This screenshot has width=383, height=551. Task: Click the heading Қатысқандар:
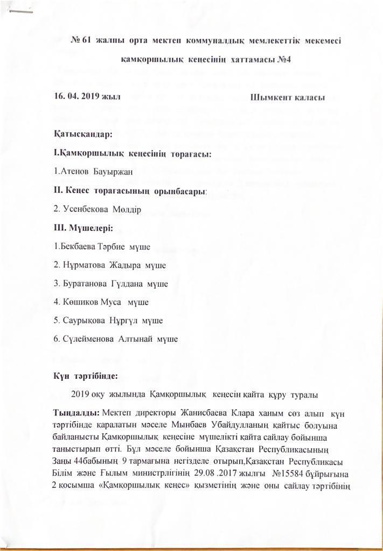coord(75,133)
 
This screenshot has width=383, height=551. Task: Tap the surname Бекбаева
coord(76,248)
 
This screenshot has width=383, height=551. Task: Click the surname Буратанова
coord(84,284)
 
